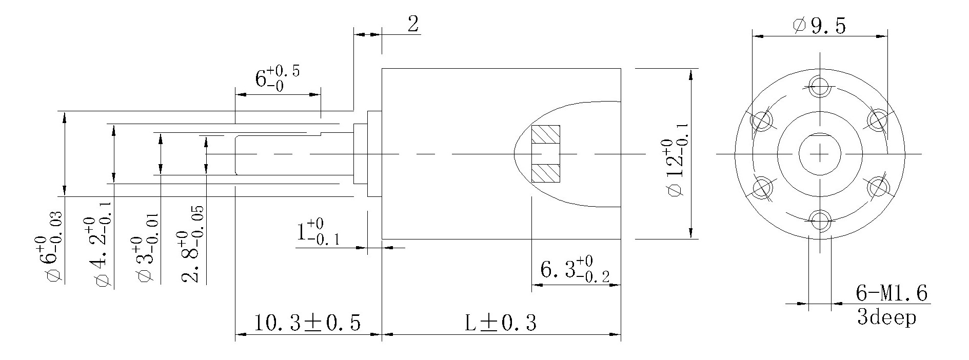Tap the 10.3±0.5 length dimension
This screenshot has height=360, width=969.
point(307,323)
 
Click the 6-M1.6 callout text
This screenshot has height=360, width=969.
point(892,294)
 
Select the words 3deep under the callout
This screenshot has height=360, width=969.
point(886,317)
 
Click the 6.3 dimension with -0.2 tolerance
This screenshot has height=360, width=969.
point(575,270)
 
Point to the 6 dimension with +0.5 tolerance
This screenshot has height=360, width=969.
point(277,78)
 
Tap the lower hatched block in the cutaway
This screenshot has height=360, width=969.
point(546,173)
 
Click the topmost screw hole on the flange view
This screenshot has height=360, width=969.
point(820,86)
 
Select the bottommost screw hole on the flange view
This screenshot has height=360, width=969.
point(820,221)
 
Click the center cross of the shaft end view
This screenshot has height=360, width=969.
point(820,153)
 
